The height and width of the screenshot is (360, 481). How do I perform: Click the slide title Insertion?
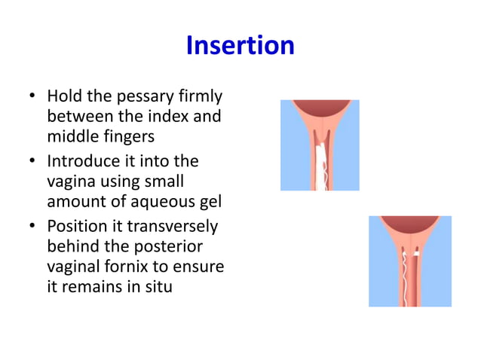240,46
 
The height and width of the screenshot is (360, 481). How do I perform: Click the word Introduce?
86,161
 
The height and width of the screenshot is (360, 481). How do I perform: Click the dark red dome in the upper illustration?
320,107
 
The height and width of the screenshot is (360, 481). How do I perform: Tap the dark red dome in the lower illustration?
409,223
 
